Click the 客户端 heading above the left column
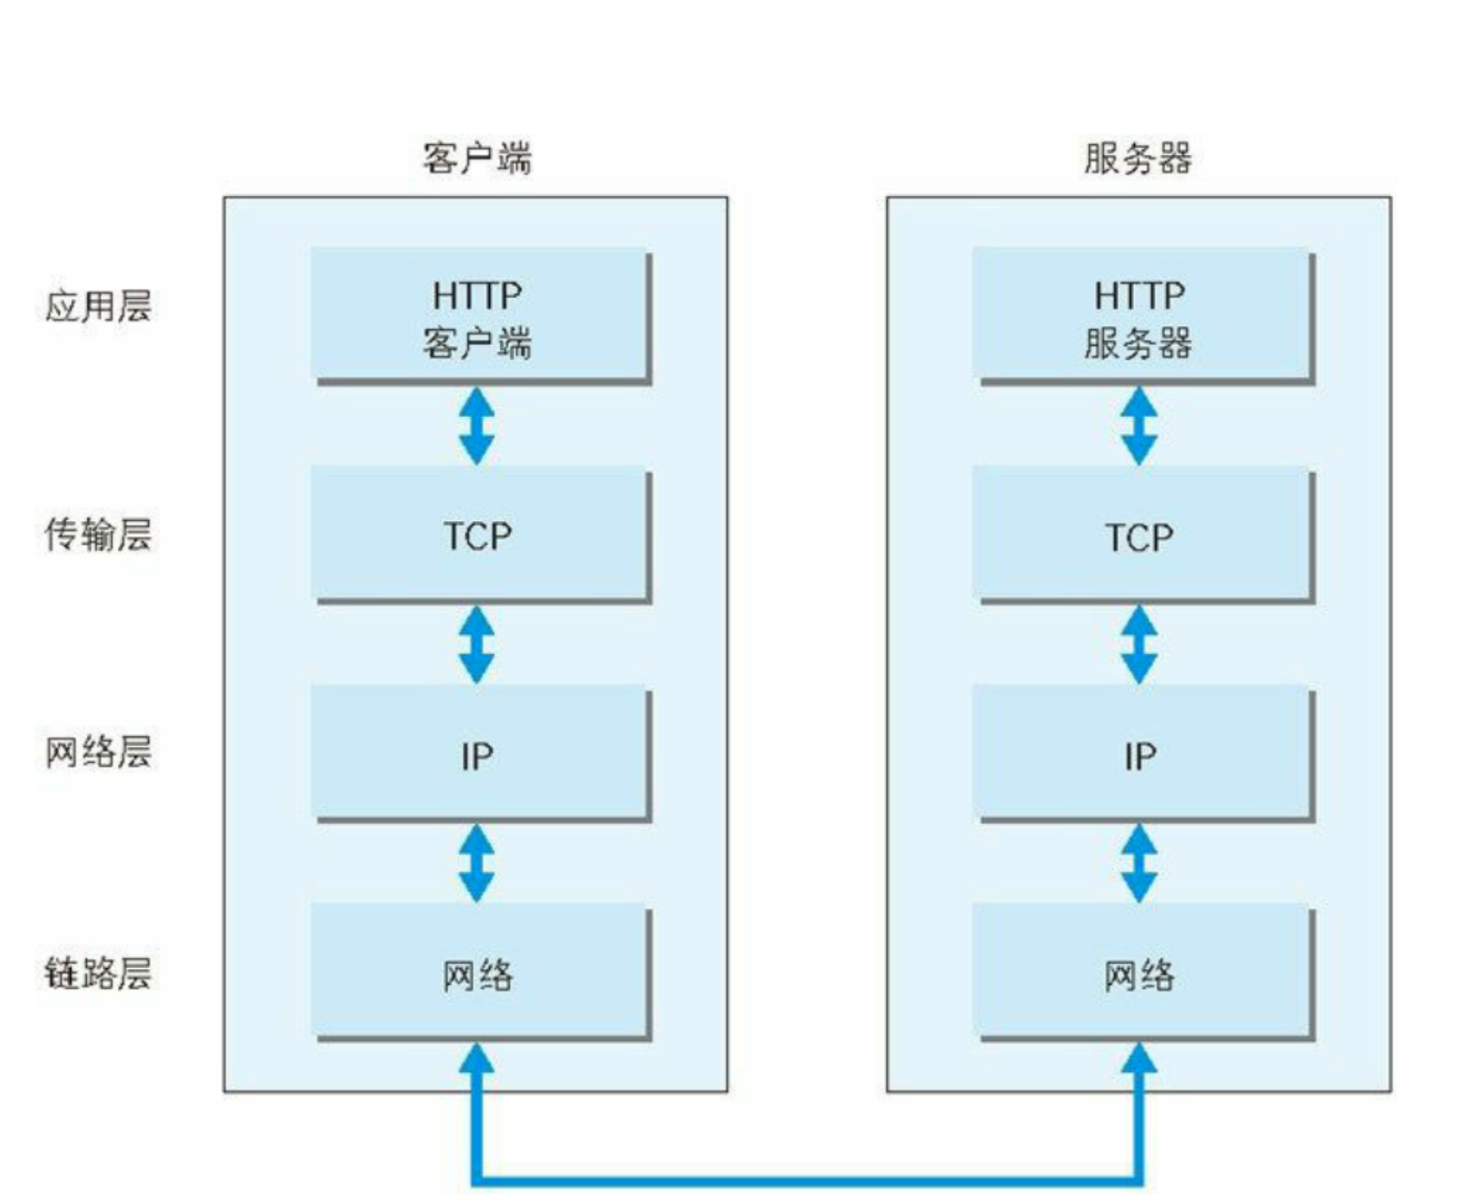click(477, 159)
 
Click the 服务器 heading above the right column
click(1138, 159)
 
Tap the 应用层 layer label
click(98, 306)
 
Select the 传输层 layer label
click(98, 534)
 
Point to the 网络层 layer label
click(98, 751)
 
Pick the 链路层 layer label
click(98, 972)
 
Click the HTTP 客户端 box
click(481, 315)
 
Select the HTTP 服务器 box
click(1143, 315)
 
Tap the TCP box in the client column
click(481, 535)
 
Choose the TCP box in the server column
click(1143, 535)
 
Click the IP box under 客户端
click(481, 753)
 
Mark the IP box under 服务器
click(1143, 753)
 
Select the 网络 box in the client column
click(481, 972)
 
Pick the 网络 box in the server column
click(1143, 972)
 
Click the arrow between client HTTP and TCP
click(477, 426)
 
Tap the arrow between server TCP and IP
click(1139, 645)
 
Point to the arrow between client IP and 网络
click(477, 863)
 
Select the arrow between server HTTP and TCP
click(1139, 426)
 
